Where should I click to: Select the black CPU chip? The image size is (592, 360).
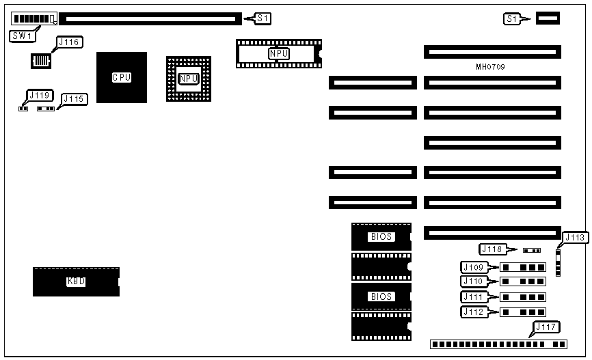(x=122, y=77)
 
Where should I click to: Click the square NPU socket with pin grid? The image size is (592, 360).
(x=189, y=79)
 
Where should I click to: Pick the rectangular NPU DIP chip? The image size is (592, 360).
(x=278, y=53)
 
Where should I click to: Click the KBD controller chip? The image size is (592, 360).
(x=76, y=281)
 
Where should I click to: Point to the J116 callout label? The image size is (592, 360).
(x=69, y=43)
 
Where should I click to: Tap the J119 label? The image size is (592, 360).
(x=38, y=95)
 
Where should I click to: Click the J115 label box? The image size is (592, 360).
(x=74, y=99)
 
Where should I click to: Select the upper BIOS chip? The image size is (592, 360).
(x=381, y=236)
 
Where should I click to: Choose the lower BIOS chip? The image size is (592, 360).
(x=381, y=296)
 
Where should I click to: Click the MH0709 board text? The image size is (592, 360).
(x=490, y=68)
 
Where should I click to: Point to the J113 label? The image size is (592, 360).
(x=575, y=238)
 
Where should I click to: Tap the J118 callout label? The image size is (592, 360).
(x=494, y=249)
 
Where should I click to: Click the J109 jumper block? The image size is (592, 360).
(x=523, y=266)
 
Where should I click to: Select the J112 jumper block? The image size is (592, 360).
(x=523, y=312)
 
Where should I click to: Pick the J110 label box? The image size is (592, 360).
(x=474, y=281)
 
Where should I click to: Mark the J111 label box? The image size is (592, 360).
(x=474, y=296)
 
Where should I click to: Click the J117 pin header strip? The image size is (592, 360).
(x=498, y=344)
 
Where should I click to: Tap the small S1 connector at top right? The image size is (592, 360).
(x=548, y=18)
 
